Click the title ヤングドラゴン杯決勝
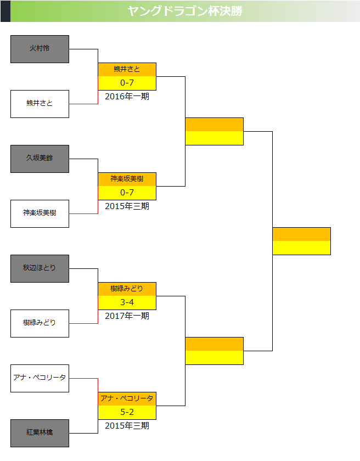point(184,11)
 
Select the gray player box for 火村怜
point(40,49)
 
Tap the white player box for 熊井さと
point(40,104)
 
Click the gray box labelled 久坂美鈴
point(40,159)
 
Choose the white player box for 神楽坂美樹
point(40,213)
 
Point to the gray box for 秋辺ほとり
point(40,268)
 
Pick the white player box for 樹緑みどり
point(40,323)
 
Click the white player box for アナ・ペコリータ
point(40,378)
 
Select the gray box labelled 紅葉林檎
point(40,433)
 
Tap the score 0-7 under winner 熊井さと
point(127,83)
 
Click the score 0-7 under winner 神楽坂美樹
point(127,193)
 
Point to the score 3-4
point(127,302)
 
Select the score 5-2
point(127,412)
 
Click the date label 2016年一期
point(127,97)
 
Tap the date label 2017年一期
point(127,316)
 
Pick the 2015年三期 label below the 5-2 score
point(127,426)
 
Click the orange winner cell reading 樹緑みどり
point(127,289)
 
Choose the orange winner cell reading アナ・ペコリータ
point(127,398)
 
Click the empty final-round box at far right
point(301,241)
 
